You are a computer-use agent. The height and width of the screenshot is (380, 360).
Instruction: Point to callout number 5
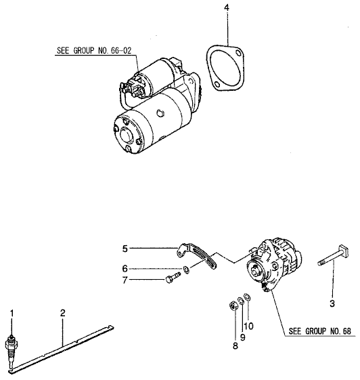click(125, 249)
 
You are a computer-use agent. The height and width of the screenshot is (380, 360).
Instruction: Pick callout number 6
click(125, 268)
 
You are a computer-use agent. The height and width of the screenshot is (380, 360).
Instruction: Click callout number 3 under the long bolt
click(332, 303)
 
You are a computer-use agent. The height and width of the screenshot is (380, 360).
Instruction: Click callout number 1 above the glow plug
click(11, 312)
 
